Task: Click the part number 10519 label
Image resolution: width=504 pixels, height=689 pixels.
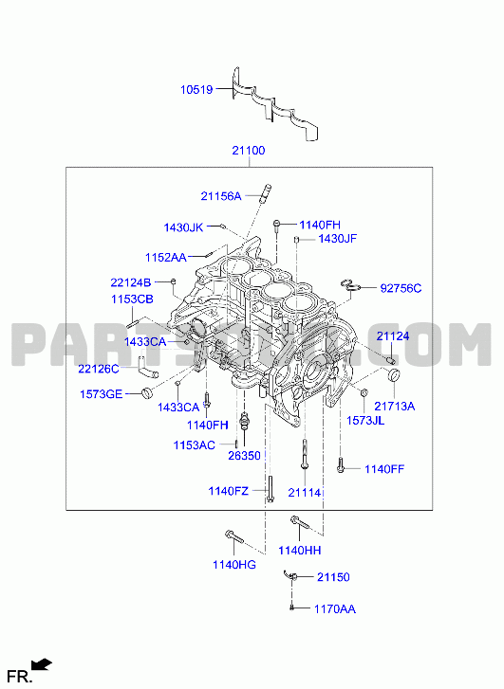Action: tap(196, 90)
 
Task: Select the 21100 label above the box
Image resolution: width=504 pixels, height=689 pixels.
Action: tap(249, 151)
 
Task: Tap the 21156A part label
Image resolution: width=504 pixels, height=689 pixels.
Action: tap(221, 196)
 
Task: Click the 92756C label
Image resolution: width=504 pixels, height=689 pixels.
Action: tap(401, 288)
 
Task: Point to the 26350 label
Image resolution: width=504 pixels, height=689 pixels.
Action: tap(244, 456)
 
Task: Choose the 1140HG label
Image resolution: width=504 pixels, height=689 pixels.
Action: tap(234, 565)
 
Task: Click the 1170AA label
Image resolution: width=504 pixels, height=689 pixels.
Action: tap(334, 609)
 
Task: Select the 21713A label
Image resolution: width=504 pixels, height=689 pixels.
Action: tap(395, 406)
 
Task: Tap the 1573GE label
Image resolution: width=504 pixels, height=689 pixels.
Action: tap(101, 394)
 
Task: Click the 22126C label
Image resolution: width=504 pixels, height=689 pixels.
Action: tap(99, 369)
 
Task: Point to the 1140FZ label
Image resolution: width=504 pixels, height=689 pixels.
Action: tap(229, 491)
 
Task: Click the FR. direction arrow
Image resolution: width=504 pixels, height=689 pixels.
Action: tap(43, 664)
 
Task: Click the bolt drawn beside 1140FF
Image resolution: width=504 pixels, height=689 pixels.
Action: tap(340, 465)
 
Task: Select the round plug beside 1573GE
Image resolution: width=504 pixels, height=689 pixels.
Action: tap(146, 393)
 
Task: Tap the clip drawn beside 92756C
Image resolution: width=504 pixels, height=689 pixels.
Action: tap(351, 285)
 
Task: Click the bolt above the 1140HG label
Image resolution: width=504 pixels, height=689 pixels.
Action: tap(233, 536)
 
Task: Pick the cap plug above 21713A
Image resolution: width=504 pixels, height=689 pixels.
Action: tap(394, 375)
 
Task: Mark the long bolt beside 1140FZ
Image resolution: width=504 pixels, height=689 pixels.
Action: tap(270, 489)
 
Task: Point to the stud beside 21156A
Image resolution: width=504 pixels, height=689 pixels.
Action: tap(267, 193)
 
